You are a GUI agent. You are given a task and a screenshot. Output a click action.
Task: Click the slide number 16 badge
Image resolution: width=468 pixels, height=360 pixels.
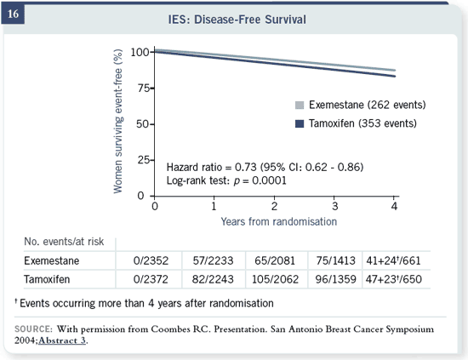[13, 14]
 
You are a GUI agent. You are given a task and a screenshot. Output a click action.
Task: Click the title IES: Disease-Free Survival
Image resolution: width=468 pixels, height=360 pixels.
[237, 20]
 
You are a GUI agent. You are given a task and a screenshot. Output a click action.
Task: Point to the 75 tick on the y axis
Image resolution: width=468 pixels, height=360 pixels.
[144, 88]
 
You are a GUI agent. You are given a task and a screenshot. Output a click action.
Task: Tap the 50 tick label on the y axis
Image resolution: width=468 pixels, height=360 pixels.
[143, 124]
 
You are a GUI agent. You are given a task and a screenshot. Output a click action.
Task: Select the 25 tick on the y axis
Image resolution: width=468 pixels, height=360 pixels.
[144, 160]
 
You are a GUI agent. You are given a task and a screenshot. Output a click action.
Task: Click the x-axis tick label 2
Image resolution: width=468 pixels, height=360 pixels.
[274, 206]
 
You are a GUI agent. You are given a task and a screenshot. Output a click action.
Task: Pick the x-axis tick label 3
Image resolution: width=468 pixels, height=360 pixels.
[334, 206]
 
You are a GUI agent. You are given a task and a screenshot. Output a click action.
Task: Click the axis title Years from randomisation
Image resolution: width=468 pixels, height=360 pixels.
[279, 221]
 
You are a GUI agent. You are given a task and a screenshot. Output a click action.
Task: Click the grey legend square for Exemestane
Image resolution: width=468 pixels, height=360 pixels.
[300, 105]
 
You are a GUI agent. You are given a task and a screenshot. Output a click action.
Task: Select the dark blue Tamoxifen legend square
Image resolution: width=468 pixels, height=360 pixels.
[300, 123]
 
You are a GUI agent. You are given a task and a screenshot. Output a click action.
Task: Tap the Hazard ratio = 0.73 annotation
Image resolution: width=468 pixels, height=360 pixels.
[265, 167]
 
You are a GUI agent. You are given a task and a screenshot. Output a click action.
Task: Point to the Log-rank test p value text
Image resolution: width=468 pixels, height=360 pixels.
[226, 180]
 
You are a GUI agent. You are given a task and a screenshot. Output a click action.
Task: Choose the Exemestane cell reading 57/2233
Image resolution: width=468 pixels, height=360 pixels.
[213, 260]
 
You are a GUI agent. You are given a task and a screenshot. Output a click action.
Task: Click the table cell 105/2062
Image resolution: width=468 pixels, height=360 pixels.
[275, 279]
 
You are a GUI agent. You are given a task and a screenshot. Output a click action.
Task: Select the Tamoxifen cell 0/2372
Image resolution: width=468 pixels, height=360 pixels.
[151, 279]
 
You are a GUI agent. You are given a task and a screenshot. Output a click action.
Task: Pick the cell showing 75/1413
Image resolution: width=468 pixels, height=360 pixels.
[336, 260]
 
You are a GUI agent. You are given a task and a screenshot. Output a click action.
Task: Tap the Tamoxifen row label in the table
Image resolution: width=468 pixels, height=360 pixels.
[47, 279]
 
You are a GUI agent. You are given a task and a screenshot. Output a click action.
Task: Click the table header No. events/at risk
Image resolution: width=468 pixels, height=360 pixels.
[64, 242]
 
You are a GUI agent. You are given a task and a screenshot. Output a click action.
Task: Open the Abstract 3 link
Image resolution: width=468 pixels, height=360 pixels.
[62, 340]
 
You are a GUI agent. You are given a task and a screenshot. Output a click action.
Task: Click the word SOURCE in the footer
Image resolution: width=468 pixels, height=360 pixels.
[33, 329]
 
